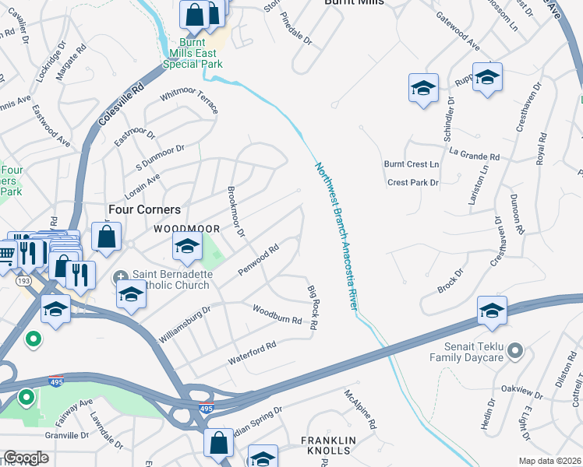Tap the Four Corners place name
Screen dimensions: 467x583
point(144,210)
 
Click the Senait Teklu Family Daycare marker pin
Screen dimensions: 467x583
point(514,352)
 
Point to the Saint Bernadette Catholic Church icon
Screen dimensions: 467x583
point(122,277)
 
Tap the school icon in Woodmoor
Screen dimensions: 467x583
point(186,248)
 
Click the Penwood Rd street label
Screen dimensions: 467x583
point(258,261)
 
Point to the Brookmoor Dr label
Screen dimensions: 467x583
point(235,212)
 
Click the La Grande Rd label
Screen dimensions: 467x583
point(474,156)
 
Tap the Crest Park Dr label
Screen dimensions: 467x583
point(413,183)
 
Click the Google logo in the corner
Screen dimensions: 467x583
point(26,458)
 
